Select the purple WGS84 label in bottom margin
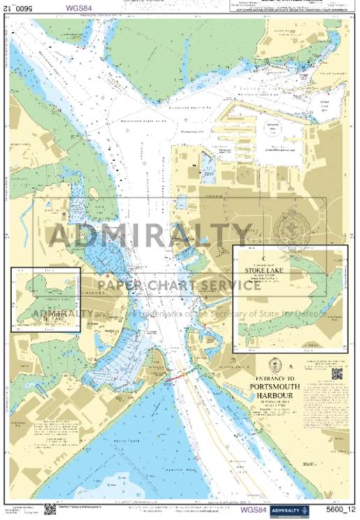click(x=254, y=510)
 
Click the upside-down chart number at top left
click(x=22, y=9)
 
